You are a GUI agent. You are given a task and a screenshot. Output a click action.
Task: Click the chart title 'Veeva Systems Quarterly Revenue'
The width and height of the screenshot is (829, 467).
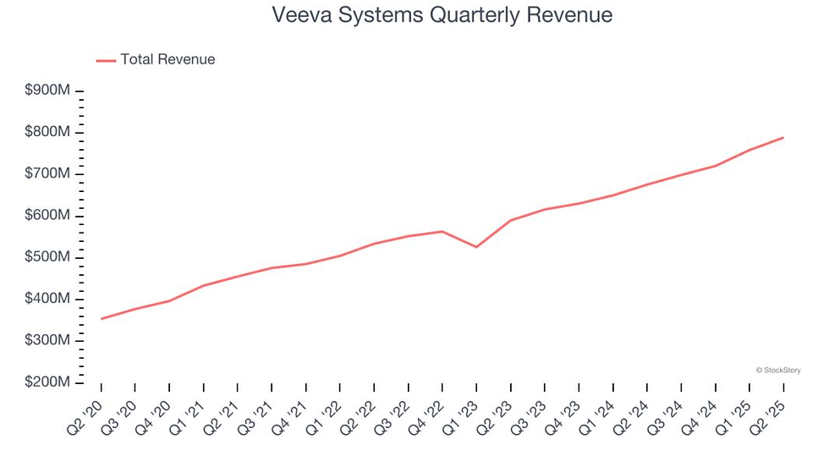[x=442, y=15]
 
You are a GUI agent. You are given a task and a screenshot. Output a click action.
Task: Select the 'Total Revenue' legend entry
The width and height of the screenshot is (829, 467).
[x=167, y=59]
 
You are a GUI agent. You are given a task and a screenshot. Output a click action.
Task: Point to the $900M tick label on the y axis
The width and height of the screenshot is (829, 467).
[x=47, y=91]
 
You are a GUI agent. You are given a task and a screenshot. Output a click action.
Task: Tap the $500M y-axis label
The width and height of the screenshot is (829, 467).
[x=47, y=257]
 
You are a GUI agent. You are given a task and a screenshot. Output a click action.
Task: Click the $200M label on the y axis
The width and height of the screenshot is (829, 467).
[x=47, y=382]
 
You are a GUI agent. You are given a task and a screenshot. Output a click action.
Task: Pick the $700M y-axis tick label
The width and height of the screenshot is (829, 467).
[x=47, y=174]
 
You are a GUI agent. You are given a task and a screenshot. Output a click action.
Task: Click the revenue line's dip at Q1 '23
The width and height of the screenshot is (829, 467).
[x=476, y=247]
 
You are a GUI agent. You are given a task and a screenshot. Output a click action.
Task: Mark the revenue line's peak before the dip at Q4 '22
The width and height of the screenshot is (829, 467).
[x=442, y=231]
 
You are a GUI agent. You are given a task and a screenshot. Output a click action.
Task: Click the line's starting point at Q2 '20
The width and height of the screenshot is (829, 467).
[x=102, y=319]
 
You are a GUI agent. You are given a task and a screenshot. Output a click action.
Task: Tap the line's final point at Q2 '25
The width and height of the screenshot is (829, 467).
[x=783, y=137]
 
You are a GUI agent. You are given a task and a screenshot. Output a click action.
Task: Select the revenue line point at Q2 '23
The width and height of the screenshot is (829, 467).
[x=510, y=220]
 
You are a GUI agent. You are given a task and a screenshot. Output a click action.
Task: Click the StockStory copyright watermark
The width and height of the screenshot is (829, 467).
[x=777, y=370]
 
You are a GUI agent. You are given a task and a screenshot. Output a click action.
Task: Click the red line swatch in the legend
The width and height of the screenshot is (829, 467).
[x=106, y=60]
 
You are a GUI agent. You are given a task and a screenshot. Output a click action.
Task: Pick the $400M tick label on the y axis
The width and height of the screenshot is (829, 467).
[x=47, y=299]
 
